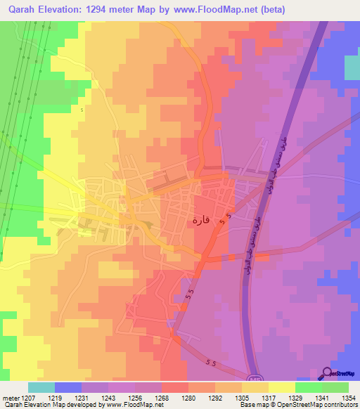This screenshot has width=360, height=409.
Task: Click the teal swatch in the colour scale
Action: tap(41, 387)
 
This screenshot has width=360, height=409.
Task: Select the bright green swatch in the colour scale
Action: tap(309, 387)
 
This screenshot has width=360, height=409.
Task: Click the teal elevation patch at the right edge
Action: tap(352, 68)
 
